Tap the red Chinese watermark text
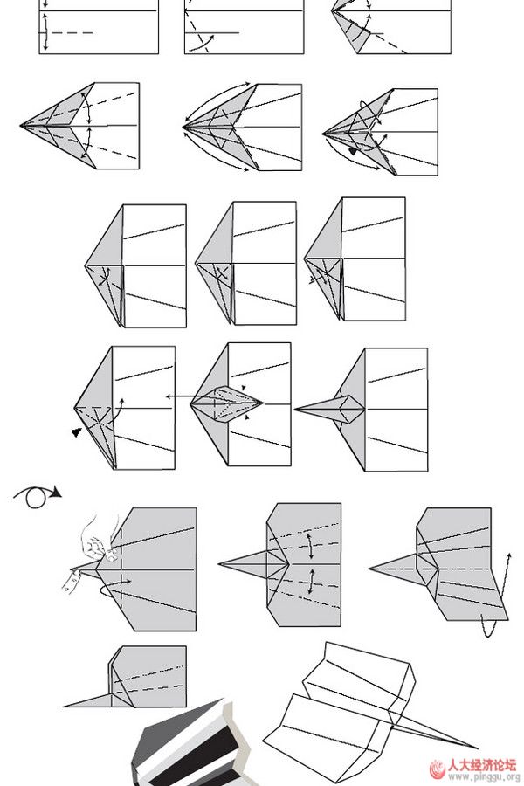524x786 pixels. coord(481,765)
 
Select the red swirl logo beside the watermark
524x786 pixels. coord(437,769)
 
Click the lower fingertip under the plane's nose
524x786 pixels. coord(72,582)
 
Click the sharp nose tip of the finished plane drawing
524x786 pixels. coord(477,748)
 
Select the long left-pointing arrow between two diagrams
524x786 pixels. coord(178,396)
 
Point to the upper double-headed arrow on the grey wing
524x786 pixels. coord(311,547)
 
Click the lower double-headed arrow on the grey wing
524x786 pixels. coord(312,582)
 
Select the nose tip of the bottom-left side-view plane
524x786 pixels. coord(64,707)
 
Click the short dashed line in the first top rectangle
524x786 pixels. coord(72,33)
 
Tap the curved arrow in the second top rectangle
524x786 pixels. coord(202,44)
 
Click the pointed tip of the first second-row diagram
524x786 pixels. coord(21,125)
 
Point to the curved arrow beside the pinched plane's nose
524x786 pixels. coord(114,588)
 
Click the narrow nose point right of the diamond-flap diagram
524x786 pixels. coord(295,410)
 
